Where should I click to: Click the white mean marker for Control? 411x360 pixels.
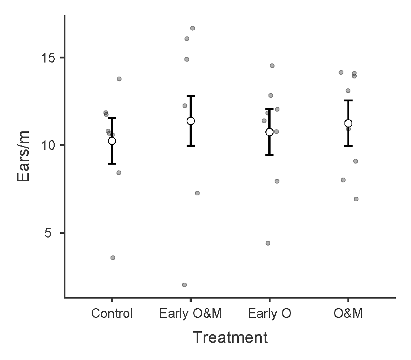112,141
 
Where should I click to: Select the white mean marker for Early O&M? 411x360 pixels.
191,121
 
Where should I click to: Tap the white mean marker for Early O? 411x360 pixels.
269,132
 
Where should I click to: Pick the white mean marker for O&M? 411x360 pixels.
348,123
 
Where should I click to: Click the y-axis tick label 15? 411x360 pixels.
47,58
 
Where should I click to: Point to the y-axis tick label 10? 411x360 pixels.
47,145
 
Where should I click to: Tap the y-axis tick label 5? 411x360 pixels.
51,233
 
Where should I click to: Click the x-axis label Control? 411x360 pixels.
112,314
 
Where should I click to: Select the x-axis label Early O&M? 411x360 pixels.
190,314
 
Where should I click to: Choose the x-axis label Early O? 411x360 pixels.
269,314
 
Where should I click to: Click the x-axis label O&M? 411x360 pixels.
348,314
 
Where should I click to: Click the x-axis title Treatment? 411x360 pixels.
230,337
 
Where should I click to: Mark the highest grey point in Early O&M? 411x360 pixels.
193,28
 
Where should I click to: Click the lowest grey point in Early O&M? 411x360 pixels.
184,285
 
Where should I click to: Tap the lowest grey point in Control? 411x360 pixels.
113,258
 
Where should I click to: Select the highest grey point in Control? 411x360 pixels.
119,79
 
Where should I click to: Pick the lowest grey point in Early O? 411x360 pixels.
268,243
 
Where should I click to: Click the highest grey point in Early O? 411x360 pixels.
272,65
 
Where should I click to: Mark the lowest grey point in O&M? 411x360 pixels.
356,199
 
